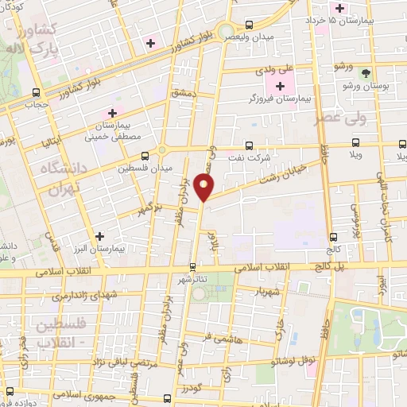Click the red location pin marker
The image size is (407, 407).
click(204, 188)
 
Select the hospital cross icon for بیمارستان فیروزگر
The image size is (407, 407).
click(279, 85)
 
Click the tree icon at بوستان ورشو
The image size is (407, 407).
click(366, 72)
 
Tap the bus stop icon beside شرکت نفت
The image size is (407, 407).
click(250, 145)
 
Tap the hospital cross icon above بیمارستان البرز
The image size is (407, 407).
click(99, 236)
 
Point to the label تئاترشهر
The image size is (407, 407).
click(194, 280)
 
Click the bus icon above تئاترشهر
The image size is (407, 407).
click(192, 267)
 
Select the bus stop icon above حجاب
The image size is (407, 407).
click(37, 91)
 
